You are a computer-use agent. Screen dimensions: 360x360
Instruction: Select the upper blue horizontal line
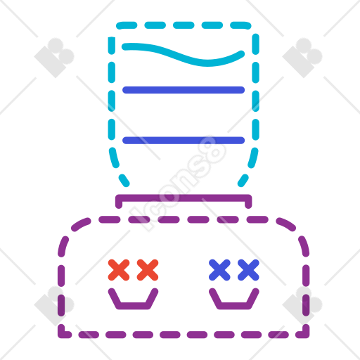pyautogui.click(x=184, y=90)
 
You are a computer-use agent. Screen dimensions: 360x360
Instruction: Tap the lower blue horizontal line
pyautogui.click(x=184, y=140)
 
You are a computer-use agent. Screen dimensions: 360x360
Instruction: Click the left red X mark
pyautogui.click(x=119, y=270)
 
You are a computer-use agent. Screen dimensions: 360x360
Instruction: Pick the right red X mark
pyautogui.click(x=148, y=270)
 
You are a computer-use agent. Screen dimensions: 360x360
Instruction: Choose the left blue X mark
pyautogui.click(x=219, y=270)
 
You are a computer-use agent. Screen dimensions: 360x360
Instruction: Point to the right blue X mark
pyautogui.click(x=248, y=270)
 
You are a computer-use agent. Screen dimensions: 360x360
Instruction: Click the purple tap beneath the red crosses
pyautogui.click(x=133, y=306)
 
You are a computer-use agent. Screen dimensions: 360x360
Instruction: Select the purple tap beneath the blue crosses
pyautogui.click(x=234, y=306)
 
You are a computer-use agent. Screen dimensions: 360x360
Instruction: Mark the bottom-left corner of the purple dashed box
pyautogui.click(x=61, y=335)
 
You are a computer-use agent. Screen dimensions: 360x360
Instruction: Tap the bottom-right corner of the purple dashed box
pyautogui.click(x=306, y=335)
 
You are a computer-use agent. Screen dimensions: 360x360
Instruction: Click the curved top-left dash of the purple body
pyautogui.click(x=80, y=224)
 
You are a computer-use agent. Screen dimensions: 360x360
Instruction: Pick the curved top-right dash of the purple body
pyautogui.click(x=286, y=224)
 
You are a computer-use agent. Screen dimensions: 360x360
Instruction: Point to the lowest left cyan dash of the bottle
pyautogui.click(x=124, y=181)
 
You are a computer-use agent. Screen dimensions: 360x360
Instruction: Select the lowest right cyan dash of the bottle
pyautogui.click(x=243, y=181)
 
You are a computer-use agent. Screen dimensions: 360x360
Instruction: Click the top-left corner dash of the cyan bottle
pyautogui.click(x=126, y=25)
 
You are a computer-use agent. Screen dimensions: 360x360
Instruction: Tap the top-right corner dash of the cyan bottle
pyautogui.click(x=241, y=25)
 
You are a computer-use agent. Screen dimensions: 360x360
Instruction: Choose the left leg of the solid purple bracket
pyautogui.click(x=119, y=202)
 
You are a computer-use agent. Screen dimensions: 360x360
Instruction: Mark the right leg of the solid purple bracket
pyautogui.click(x=248, y=202)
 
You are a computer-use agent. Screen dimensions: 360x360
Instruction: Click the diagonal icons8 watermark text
pyautogui.click(x=178, y=184)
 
